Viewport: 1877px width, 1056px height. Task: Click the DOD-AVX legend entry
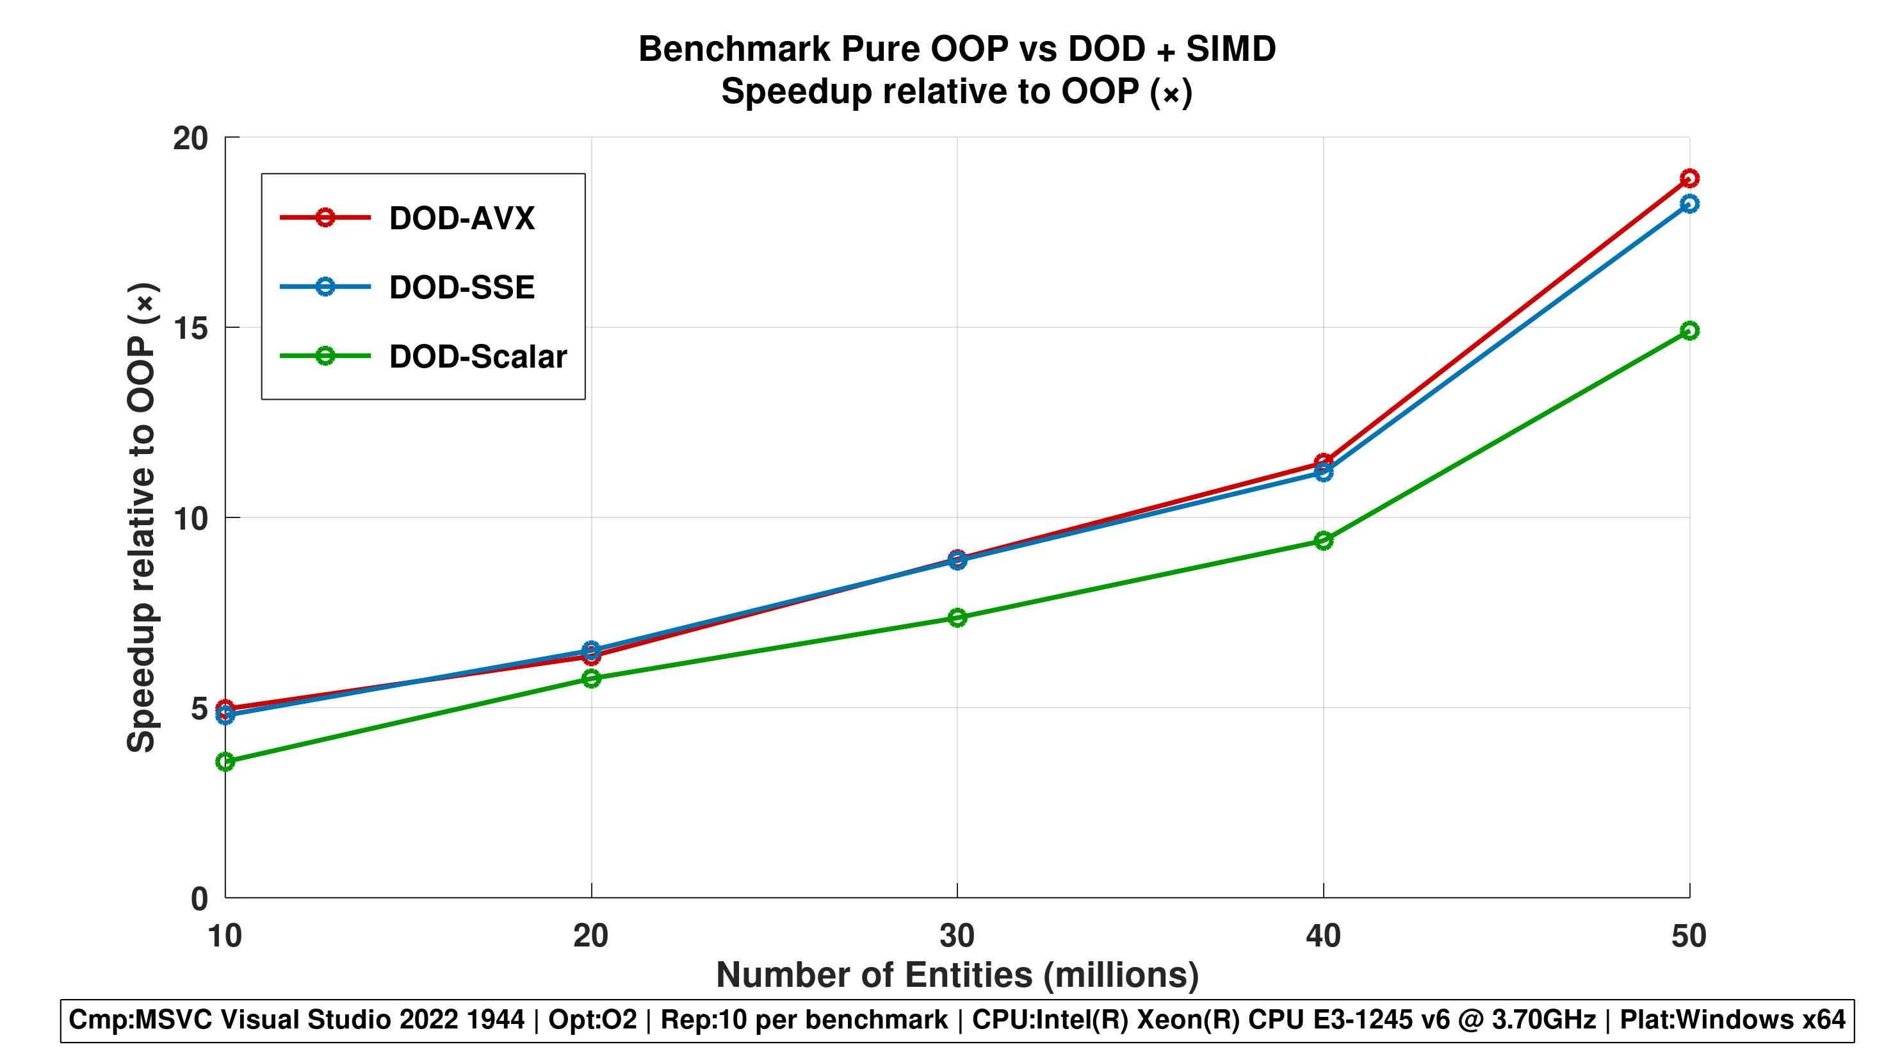461,218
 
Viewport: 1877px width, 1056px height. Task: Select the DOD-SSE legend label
461,287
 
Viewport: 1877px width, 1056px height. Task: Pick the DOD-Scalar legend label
477,356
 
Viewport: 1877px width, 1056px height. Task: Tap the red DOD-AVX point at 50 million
1689,179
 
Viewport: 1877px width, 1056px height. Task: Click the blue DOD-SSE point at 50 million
1689,204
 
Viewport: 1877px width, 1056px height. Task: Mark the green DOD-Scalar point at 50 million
1689,331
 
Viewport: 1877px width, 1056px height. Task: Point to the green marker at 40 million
1323,540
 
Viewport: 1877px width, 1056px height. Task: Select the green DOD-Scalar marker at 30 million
957,618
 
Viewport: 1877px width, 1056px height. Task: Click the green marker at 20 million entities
591,679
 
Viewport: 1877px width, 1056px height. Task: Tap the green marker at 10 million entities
225,762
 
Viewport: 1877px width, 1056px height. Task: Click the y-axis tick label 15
190,329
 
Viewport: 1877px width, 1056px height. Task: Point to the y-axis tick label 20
190,138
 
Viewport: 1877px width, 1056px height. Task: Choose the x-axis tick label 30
957,936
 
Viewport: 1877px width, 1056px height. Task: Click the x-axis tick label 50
1688,936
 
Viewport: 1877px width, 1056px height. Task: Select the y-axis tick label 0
199,899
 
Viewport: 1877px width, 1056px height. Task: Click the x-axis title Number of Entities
957,975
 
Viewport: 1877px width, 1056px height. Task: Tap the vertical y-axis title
142,517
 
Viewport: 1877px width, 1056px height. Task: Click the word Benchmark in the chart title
734,49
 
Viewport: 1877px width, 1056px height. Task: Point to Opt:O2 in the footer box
592,1019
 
